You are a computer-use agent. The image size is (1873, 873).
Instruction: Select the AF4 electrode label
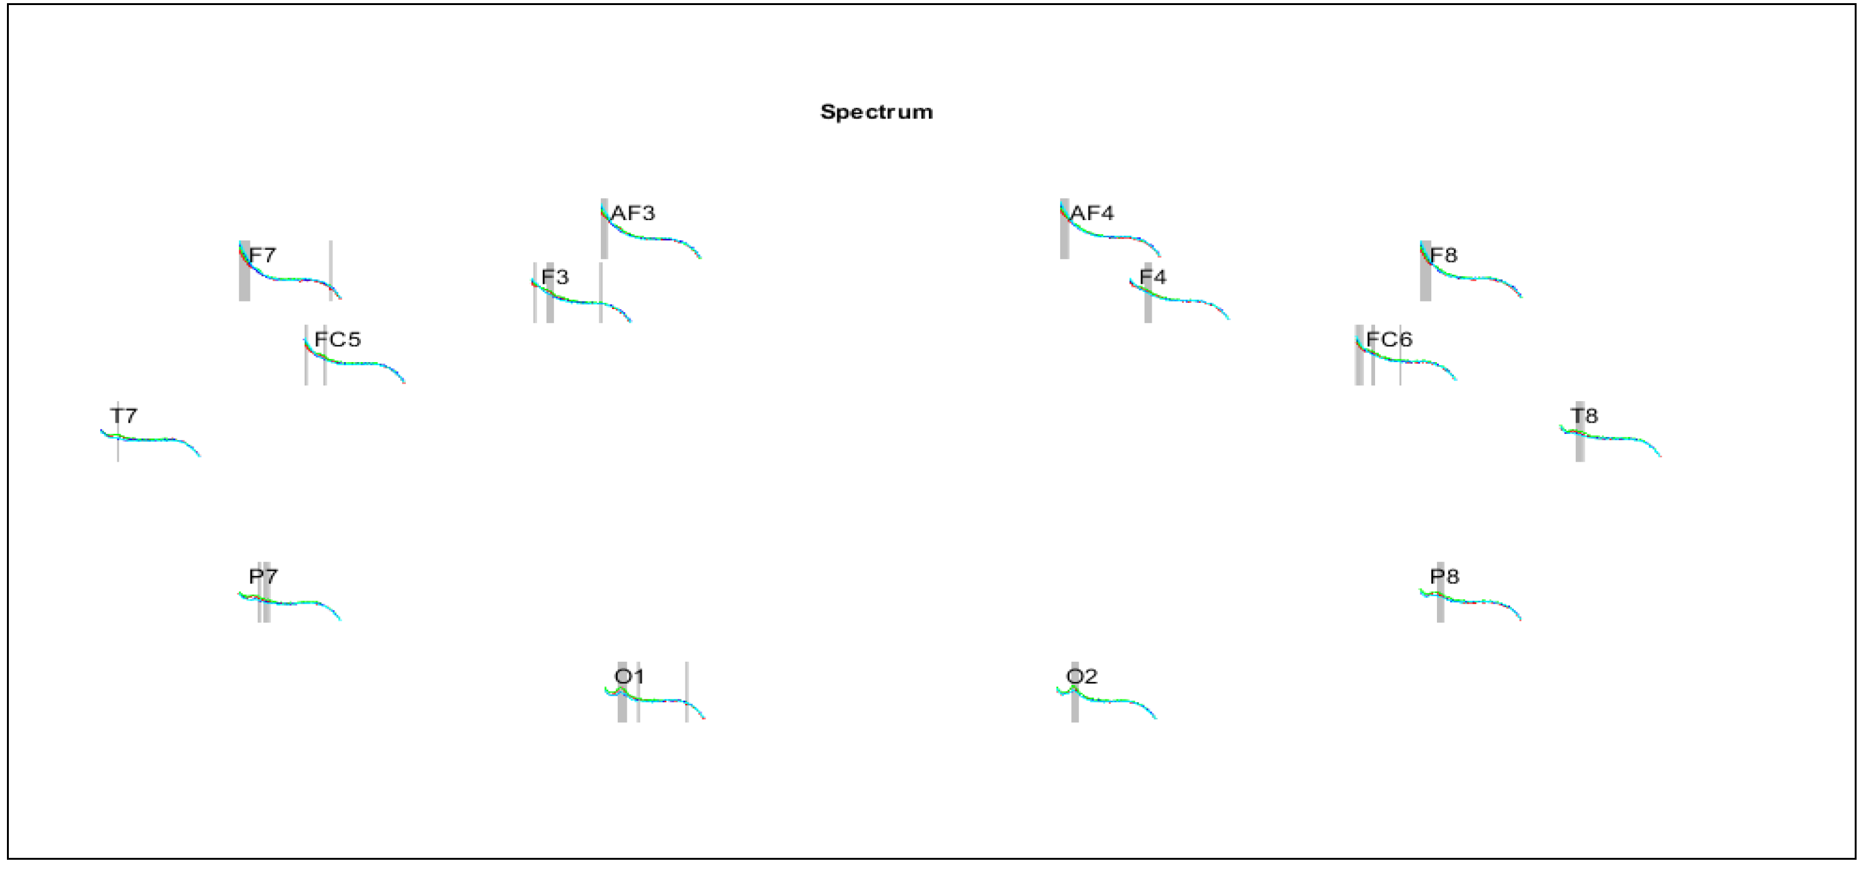[1092, 213]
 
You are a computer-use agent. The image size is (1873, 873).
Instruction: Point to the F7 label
[263, 255]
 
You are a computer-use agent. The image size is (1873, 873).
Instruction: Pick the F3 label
[555, 277]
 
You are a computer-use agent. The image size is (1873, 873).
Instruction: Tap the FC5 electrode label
[338, 339]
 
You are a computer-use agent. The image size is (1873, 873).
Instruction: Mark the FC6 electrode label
[1389, 339]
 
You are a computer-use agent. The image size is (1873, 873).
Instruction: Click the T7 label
[124, 416]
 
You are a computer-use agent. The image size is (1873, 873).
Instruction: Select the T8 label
[1585, 416]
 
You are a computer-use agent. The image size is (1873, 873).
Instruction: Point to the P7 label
[263, 577]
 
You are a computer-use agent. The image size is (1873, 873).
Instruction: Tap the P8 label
[1444, 577]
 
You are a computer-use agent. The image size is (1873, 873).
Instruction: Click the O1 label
[630, 677]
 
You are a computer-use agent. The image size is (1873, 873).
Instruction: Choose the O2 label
[1081, 677]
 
